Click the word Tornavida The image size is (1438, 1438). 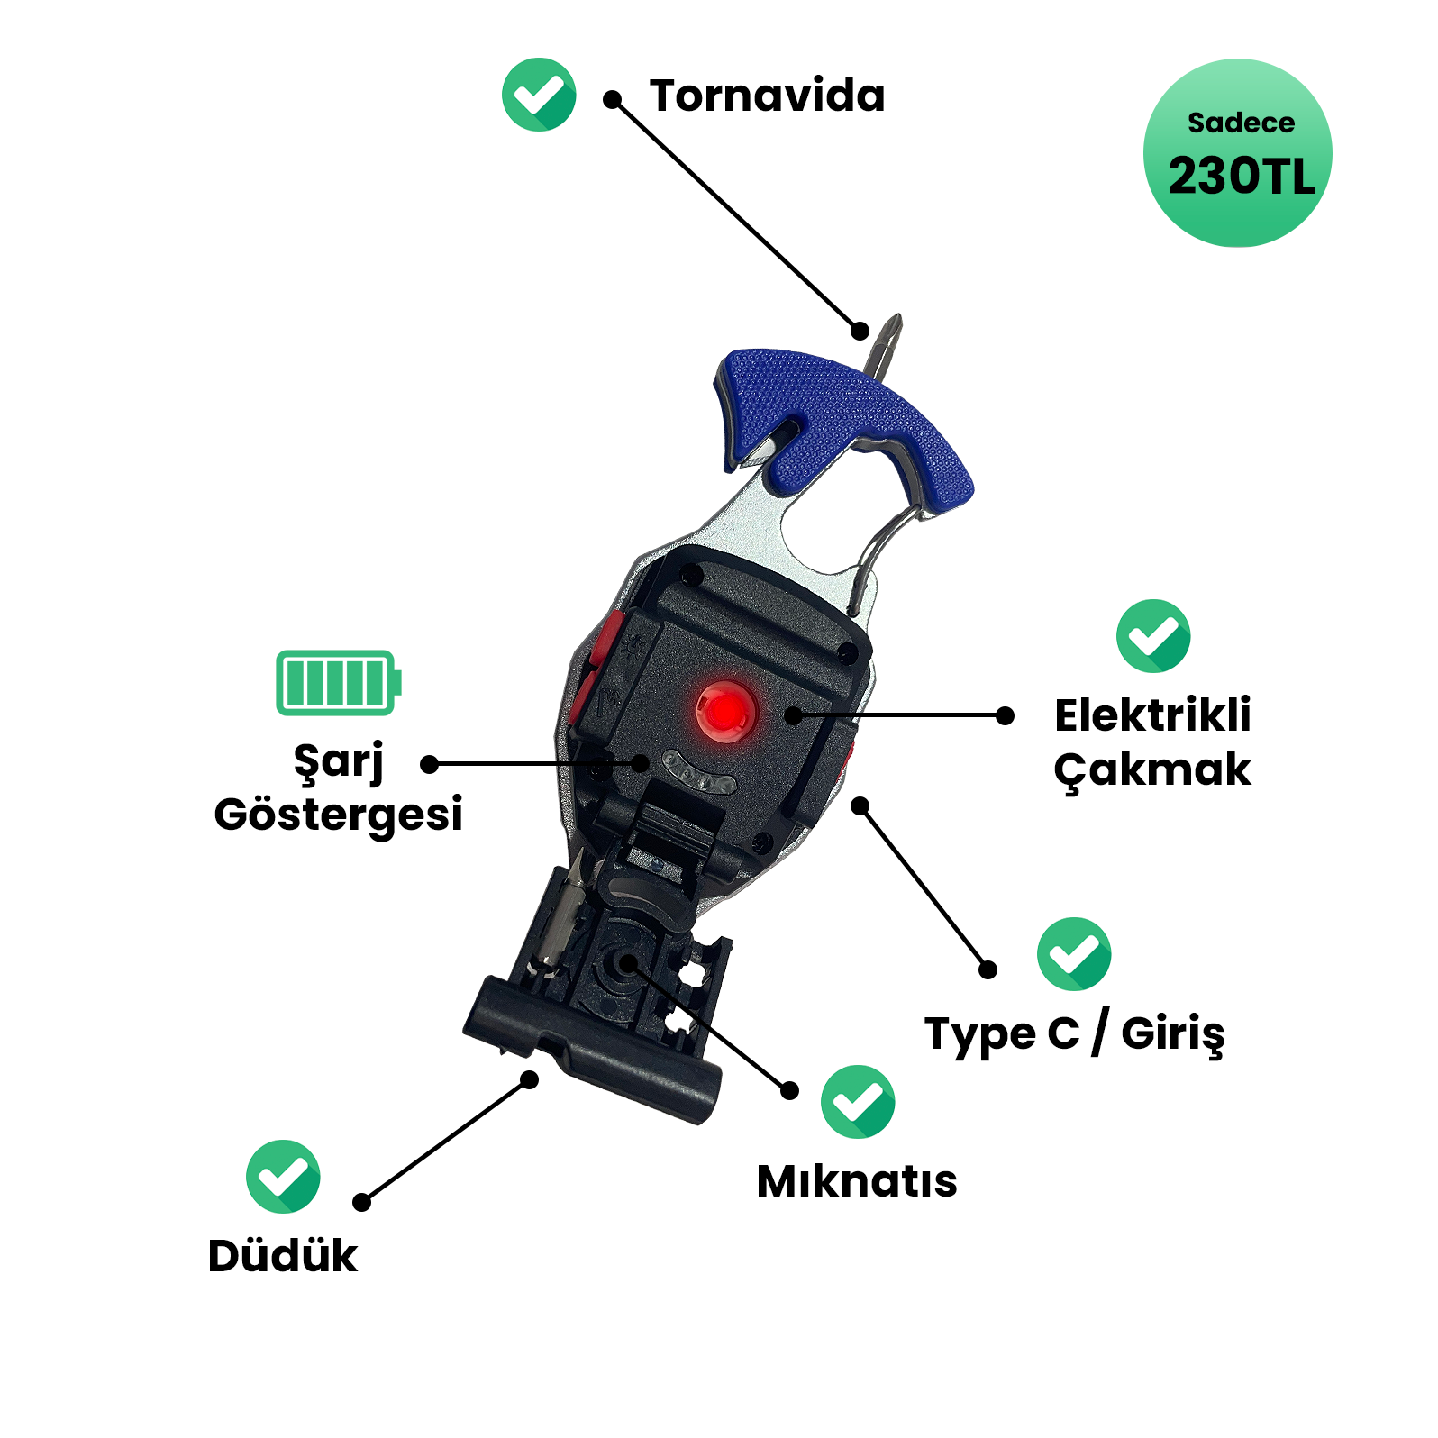(x=767, y=96)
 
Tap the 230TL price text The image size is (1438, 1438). (x=1241, y=177)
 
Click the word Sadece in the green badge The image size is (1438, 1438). (x=1241, y=123)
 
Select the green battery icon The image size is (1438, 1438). (x=338, y=682)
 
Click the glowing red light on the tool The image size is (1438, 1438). (x=724, y=712)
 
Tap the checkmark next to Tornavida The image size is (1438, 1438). (x=539, y=95)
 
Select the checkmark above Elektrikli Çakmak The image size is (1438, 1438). (x=1152, y=635)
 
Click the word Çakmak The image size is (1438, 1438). (x=1152, y=770)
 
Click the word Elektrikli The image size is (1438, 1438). (x=1152, y=715)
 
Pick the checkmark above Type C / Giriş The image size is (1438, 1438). (x=1073, y=953)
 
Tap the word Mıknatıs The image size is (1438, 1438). (x=857, y=1181)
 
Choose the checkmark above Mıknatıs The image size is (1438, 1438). (x=857, y=1101)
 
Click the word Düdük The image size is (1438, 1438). (x=282, y=1256)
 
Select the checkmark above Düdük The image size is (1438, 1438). (x=283, y=1176)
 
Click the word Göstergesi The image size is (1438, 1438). (x=338, y=814)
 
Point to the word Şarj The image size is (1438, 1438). (x=338, y=761)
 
